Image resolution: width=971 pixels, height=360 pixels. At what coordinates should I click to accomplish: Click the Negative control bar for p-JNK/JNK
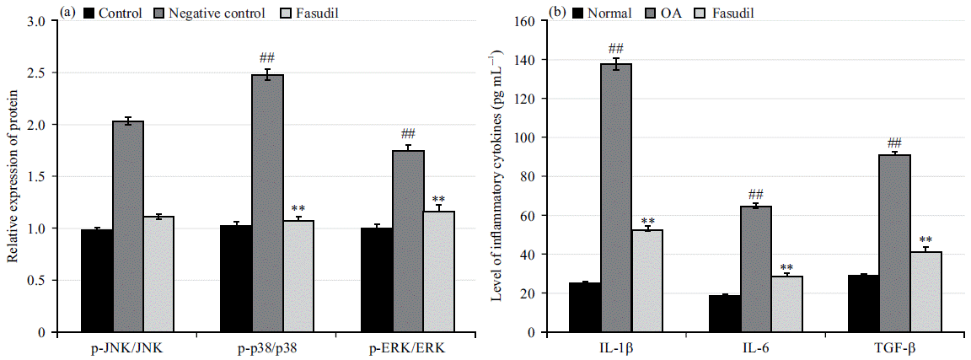pos(128,227)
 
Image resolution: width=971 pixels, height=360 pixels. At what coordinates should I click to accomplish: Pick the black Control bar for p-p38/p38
pos(236,278)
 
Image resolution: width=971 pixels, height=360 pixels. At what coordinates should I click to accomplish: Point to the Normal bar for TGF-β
pos(861,304)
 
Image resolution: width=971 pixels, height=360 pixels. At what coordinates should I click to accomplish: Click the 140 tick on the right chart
pos(539,60)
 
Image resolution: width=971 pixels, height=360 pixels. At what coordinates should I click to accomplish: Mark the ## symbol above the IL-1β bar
pos(617,48)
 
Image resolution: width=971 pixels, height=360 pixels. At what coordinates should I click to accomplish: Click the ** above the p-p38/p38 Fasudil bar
pos(298,209)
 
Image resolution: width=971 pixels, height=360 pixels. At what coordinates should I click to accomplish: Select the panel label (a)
pos(67,13)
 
